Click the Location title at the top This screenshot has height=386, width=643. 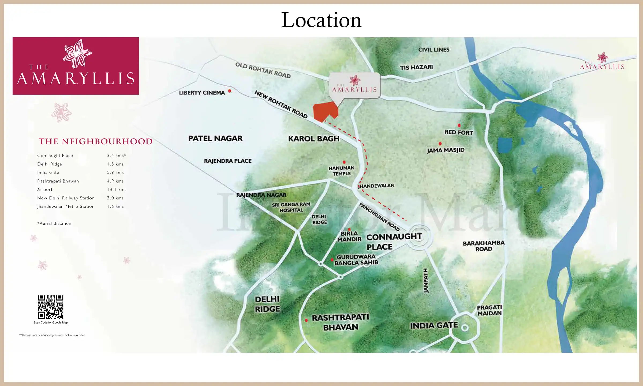321,20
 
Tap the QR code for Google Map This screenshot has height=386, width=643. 51,307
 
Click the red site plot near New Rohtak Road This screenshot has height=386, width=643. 324,111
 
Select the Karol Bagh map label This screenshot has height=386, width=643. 314,139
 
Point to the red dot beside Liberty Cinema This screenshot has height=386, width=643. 230,91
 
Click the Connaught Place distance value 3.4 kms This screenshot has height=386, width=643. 116,155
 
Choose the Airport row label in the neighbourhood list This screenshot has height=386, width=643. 45,190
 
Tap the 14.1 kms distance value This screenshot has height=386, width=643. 117,190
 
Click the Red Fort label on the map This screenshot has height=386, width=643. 459,132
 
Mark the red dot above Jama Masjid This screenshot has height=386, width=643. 440,144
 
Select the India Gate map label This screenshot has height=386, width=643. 434,325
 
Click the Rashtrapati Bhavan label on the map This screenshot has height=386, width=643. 341,322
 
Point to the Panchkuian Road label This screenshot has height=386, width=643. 379,217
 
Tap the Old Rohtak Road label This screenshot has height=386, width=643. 263,70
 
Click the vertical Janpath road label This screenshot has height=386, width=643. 426,280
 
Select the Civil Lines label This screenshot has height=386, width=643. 434,50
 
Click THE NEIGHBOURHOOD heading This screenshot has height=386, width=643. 96,141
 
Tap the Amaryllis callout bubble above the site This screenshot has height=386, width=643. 354,85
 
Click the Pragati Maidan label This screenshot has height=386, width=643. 489,310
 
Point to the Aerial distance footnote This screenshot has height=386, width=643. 54,223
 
